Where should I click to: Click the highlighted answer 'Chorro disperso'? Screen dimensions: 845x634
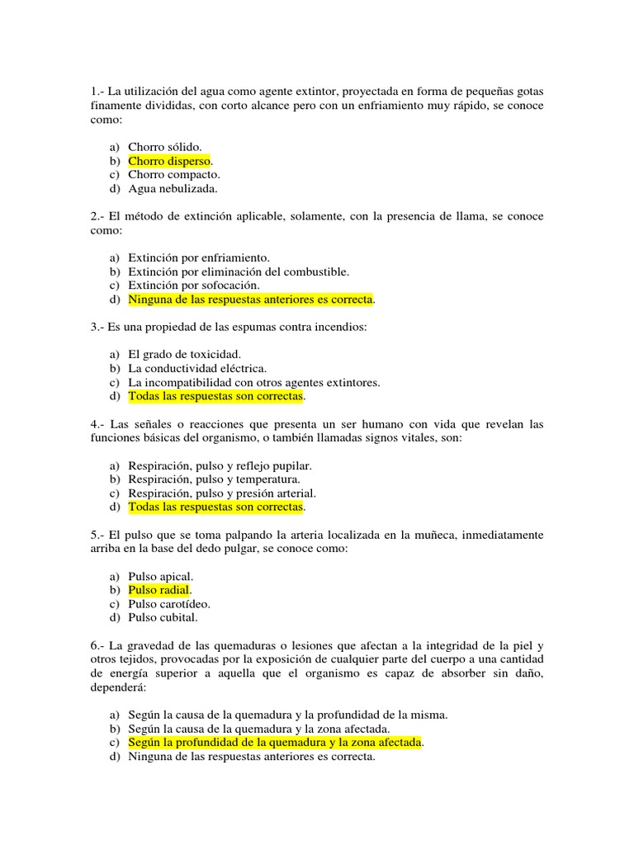(x=169, y=161)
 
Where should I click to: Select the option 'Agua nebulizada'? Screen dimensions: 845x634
(x=173, y=188)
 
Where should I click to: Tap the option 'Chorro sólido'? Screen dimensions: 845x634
(x=164, y=147)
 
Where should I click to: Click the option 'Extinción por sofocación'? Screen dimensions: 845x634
(x=194, y=285)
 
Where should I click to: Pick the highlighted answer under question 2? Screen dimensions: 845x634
(x=250, y=299)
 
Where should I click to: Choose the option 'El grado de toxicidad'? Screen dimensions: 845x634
(x=184, y=355)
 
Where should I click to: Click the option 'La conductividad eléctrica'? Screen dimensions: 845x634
(x=197, y=369)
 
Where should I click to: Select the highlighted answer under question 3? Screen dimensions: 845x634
(x=216, y=396)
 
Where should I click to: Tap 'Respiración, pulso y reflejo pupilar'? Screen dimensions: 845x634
(x=220, y=465)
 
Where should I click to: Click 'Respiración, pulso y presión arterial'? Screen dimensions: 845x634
(x=222, y=493)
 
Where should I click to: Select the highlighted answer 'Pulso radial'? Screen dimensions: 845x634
(x=159, y=590)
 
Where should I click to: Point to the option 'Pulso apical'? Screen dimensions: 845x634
(x=161, y=576)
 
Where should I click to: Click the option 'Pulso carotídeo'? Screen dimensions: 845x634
(x=169, y=604)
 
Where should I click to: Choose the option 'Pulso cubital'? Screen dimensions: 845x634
(x=163, y=617)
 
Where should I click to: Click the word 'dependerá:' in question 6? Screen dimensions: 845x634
(x=119, y=687)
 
